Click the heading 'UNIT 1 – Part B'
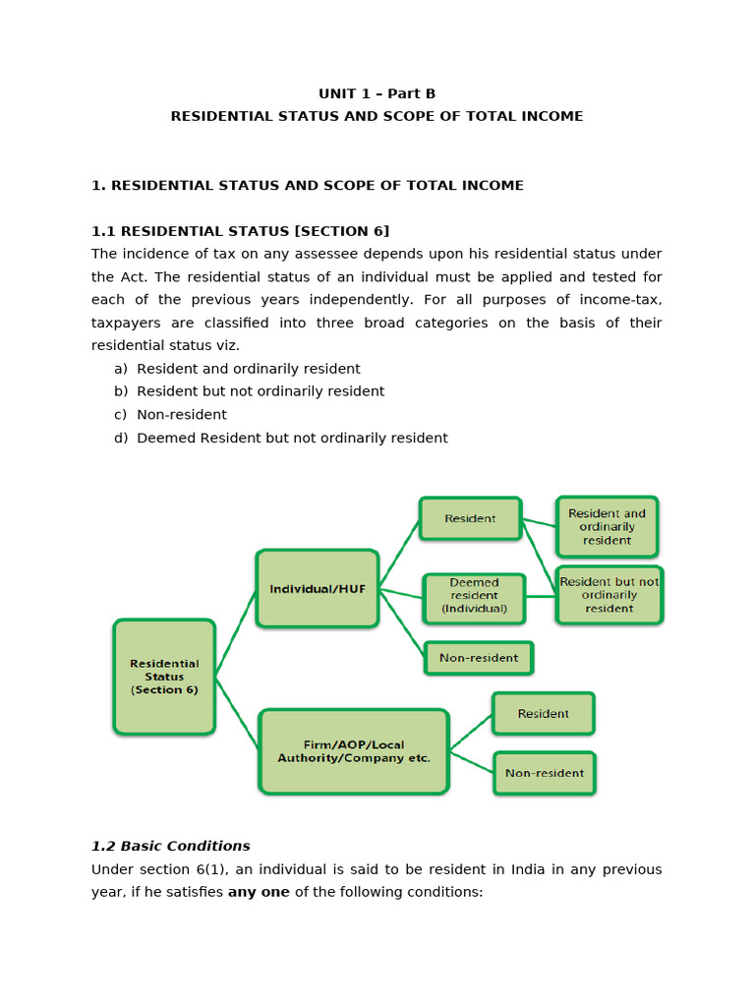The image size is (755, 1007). [x=377, y=93]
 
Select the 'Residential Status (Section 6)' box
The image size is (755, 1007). [x=164, y=677]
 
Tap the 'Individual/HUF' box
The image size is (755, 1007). [x=318, y=589]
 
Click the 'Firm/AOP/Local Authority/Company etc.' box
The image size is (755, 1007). [x=354, y=751]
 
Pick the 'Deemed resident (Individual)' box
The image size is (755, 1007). [x=474, y=596]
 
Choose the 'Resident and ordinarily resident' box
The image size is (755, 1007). [x=607, y=527]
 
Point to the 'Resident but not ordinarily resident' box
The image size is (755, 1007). [x=610, y=595]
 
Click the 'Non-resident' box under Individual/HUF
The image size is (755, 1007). [x=479, y=658]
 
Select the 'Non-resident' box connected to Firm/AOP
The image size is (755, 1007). [x=545, y=773]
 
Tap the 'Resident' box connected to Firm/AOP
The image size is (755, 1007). [x=543, y=714]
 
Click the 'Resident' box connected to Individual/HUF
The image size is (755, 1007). [x=470, y=518]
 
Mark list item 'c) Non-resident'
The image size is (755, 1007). [x=171, y=415]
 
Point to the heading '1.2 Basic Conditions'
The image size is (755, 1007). [x=171, y=846]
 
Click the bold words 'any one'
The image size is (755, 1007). [x=259, y=892]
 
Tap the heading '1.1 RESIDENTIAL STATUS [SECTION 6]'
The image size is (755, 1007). [x=241, y=231]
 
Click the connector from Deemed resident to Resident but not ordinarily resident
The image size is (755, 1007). [x=540, y=596]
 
